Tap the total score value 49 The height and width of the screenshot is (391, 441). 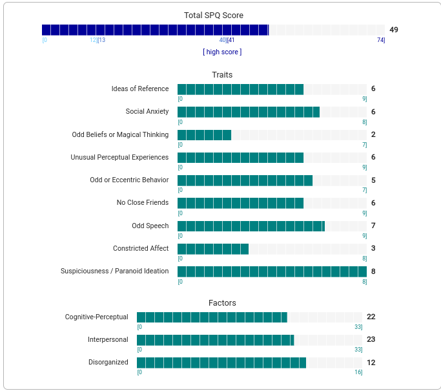click(x=394, y=30)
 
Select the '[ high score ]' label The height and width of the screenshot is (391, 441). click(x=222, y=52)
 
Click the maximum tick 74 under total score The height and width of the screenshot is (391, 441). click(x=381, y=40)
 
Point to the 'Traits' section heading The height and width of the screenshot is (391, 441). click(x=222, y=75)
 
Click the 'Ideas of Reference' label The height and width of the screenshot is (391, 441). click(x=140, y=89)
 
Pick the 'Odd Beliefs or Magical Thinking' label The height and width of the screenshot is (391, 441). click(x=120, y=135)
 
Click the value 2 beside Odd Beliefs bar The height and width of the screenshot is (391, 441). click(x=373, y=135)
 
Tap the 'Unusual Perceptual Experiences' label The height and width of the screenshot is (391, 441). click(x=119, y=158)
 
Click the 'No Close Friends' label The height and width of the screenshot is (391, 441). click(x=143, y=203)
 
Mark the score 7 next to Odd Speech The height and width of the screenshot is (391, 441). click(x=373, y=226)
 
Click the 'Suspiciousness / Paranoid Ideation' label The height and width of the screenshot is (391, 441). click(x=115, y=271)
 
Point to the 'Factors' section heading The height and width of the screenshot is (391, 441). click(x=222, y=303)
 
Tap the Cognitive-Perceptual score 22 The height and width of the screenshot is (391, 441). click(x=371, y=317)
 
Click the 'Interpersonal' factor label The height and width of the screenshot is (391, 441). click(x=108, y=340)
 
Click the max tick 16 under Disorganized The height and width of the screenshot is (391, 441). click(x=358, y=372)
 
